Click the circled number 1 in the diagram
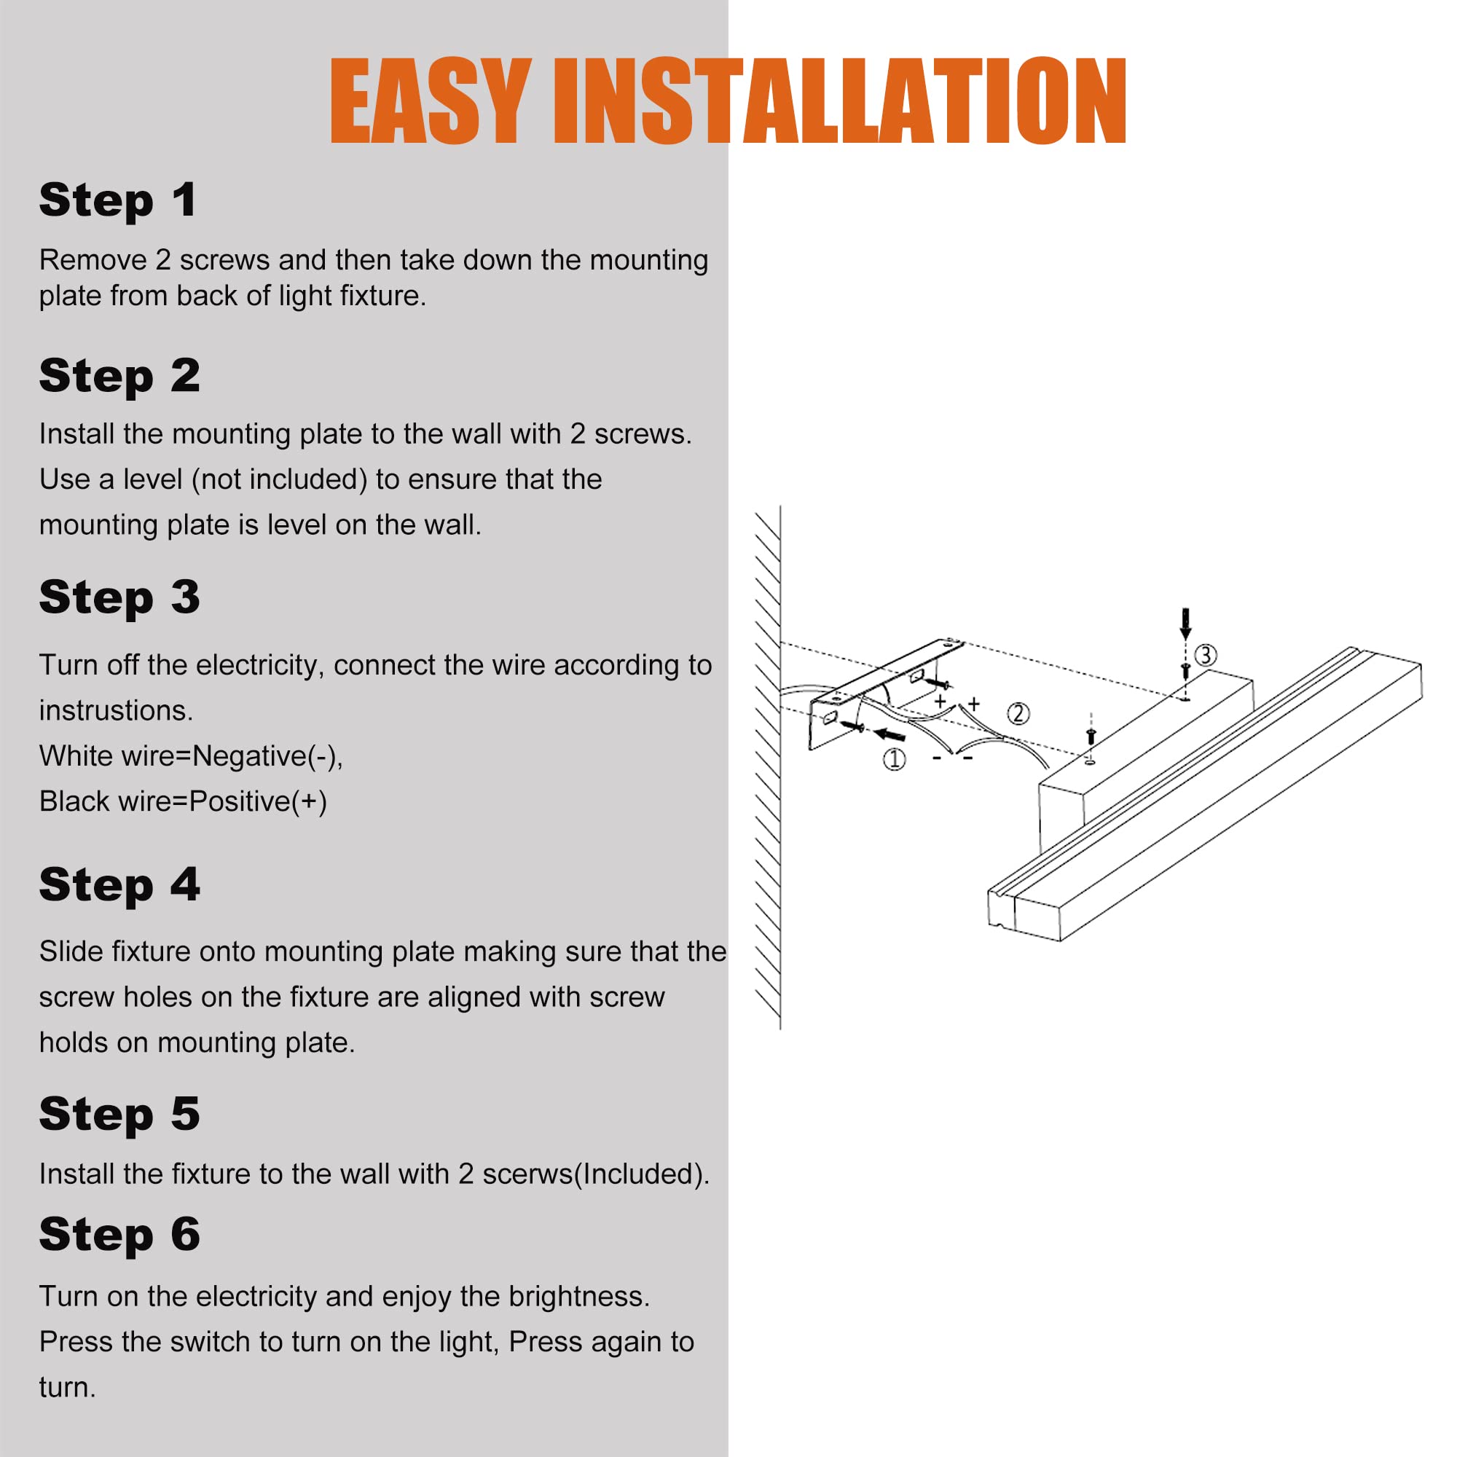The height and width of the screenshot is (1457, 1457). coord(895,759)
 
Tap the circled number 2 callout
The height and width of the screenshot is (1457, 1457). coord(1018,713)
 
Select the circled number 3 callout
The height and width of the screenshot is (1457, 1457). coord(1206,655)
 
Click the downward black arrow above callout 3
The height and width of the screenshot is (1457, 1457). coord(1185,623)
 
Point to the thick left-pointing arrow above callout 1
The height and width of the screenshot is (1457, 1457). coord(890,734)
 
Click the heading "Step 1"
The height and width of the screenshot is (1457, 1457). coord(119,201)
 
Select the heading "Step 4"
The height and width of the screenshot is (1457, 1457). coord(119,885)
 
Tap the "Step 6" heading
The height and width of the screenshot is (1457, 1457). coord(119,1236)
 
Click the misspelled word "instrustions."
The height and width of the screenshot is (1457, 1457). coord(116,710)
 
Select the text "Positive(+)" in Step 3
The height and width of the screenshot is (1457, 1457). coord(258,801)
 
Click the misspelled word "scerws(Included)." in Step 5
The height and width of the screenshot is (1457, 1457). coord(596,1174)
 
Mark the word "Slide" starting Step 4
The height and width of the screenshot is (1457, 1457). coord(71,951)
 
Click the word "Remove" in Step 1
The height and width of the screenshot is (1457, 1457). coord(93,260)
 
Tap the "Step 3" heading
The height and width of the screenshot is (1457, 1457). coord(119,597)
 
